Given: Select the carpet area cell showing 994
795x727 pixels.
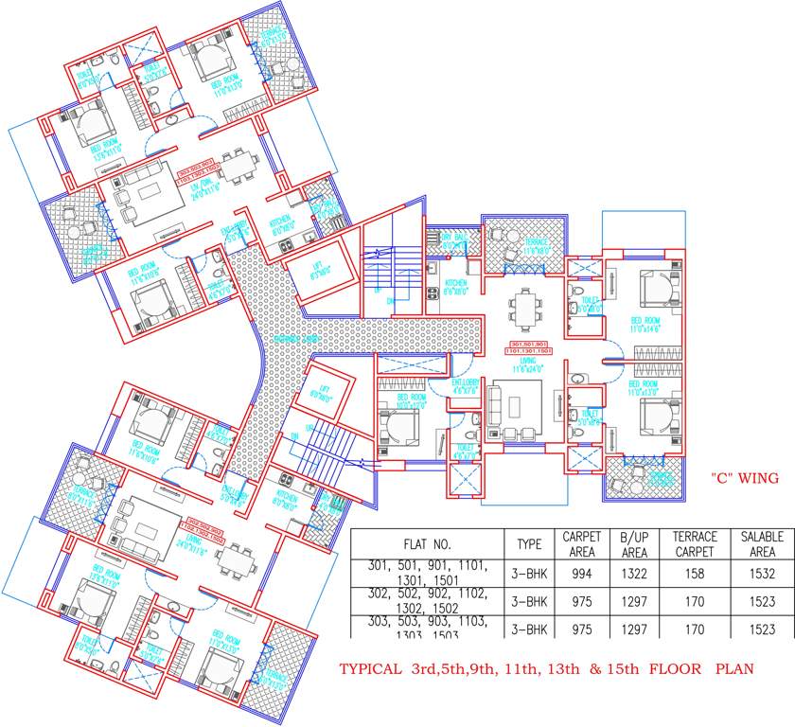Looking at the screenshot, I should coord(582,574).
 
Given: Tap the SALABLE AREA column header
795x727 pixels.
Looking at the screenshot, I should coord(762,543).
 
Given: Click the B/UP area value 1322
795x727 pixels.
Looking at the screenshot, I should coord(634,574).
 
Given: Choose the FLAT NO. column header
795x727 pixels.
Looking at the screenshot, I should coord(428,544).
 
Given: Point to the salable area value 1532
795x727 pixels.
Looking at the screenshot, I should coord(762,574).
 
